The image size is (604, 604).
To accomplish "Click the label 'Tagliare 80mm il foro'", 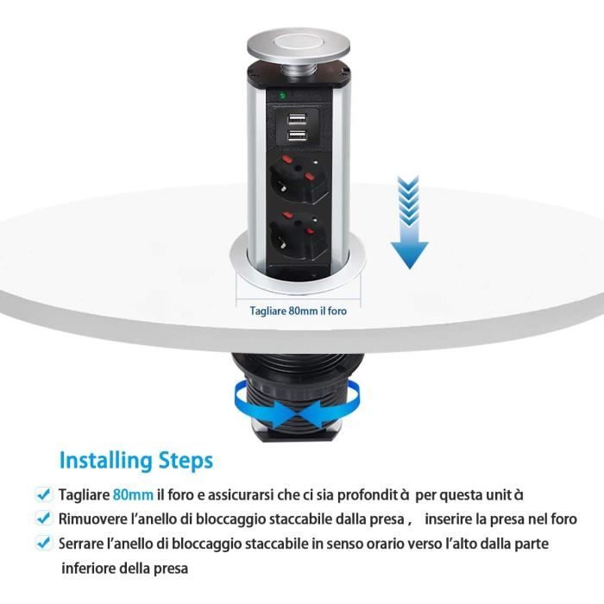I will (299, 311).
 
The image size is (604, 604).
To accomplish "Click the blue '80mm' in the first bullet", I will (133, 495).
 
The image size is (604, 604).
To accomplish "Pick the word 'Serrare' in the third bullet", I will (85, 544).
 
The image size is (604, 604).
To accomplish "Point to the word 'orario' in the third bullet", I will (413, 544).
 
